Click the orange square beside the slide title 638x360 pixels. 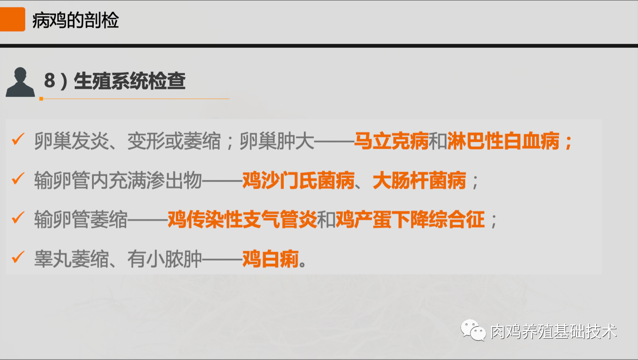(12, 19)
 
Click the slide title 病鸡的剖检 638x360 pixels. (75, 20)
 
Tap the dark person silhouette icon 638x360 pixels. (20, 82)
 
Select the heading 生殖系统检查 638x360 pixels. (130, 81)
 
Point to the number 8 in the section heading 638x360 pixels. (49, 81)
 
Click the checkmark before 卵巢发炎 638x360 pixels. (18, 139)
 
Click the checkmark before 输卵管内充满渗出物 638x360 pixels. (18, 179)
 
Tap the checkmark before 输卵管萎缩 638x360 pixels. (18, 218)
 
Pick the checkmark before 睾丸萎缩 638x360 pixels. (18, 257)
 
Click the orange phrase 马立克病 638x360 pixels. (391, 141)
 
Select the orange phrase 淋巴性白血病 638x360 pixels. (503, 141)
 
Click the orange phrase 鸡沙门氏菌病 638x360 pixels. (299, 180)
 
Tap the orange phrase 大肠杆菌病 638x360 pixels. (420, 180)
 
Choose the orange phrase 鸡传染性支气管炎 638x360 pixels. (242, 219)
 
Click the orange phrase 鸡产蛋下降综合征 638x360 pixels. (410, 219)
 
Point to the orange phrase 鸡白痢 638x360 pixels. (270, 259)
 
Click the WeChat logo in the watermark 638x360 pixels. (474, 330)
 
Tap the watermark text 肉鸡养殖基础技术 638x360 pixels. (554, 332)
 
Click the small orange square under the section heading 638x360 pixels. (41, 99)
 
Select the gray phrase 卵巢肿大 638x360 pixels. (277, 141)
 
